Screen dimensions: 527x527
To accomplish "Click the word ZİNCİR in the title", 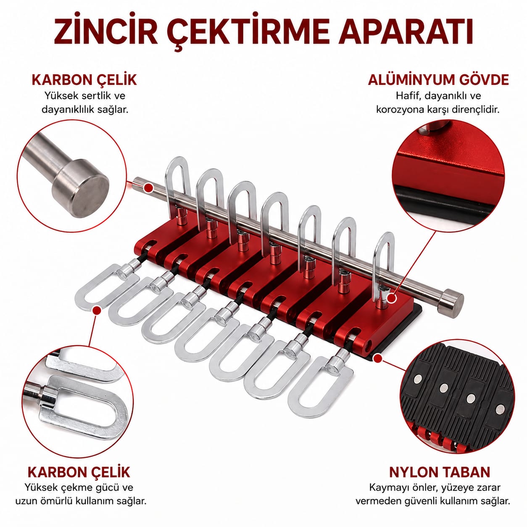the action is [105, 31].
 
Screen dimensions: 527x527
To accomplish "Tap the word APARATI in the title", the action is [406, 32].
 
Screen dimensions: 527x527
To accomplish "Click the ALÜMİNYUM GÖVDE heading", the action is [438, 80].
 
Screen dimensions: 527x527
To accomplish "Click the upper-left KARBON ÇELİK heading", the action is [84, 80].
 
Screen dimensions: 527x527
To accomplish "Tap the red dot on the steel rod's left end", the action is [148, 187].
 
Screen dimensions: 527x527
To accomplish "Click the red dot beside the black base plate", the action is [378, 358].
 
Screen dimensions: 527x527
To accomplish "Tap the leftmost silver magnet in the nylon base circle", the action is [418, 379].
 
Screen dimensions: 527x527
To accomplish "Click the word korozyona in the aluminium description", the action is [401, 110].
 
